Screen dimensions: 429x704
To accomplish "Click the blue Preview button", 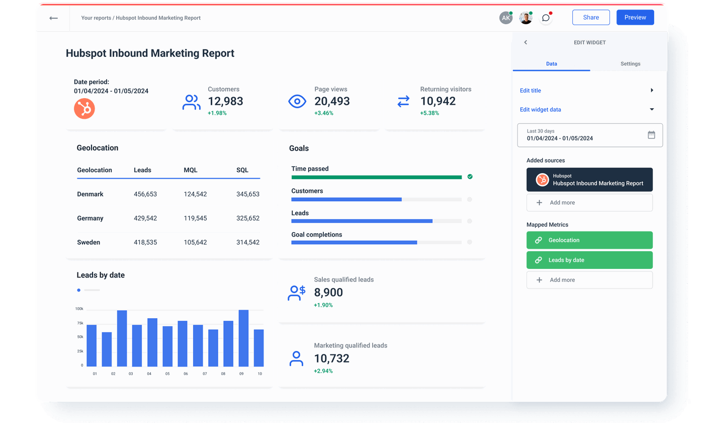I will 635,17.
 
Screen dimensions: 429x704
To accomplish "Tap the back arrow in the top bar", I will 53,18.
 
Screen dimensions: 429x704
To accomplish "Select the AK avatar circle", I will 505,18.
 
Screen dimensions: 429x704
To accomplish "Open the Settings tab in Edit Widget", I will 630,64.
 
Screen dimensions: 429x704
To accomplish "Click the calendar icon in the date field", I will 651,135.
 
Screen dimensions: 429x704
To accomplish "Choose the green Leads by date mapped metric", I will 589,260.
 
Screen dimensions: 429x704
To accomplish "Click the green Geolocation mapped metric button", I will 589,240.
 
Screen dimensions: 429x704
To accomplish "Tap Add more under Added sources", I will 589,202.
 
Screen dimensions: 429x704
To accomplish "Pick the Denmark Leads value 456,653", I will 145,194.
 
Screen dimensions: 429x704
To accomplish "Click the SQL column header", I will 242,170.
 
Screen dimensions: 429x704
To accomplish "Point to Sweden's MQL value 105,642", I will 195,243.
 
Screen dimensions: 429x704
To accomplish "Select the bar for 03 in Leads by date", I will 122,338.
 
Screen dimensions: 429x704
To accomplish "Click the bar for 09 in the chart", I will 243,338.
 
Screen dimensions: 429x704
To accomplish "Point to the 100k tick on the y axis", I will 79,309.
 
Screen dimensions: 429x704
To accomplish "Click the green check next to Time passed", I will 470,177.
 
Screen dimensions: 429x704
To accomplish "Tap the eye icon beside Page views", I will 297,101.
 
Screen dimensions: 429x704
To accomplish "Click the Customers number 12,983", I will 225,101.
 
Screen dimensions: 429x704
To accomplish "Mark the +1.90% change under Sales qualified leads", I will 323,305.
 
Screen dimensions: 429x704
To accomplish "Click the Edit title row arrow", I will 652,90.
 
